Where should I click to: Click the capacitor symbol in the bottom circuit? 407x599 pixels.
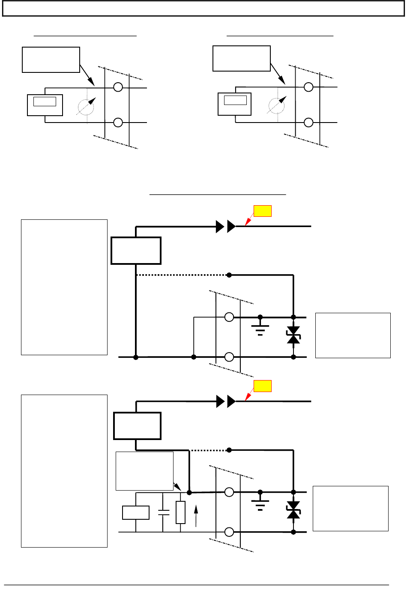coord(163,512)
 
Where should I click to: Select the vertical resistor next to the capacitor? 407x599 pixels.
coord(181,512)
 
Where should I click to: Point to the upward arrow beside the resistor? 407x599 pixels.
coord(196,515)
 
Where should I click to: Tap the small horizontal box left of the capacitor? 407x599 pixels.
coord(136,513)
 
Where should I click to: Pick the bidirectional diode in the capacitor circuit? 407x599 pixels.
coord(293,510)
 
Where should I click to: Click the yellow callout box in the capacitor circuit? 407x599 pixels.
coord(263,386)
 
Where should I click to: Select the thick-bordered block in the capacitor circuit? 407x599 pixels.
coord(137,426)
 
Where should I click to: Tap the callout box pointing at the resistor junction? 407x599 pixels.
coord(144,471)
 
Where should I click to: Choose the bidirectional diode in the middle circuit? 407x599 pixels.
coord(293,335)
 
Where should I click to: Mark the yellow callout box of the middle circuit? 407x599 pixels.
coord(263,211)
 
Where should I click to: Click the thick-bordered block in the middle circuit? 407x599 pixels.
coord(136,251)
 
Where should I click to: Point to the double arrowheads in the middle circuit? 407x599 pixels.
coord(226,227)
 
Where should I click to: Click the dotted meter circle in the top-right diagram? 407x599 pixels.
coord(277,105)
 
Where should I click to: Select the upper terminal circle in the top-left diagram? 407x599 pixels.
coord(118,87)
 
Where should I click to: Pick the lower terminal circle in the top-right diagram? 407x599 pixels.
coord(308,123)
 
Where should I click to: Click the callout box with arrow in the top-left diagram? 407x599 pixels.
coord(51,60)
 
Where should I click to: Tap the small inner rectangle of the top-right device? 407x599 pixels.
coord(235,100)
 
